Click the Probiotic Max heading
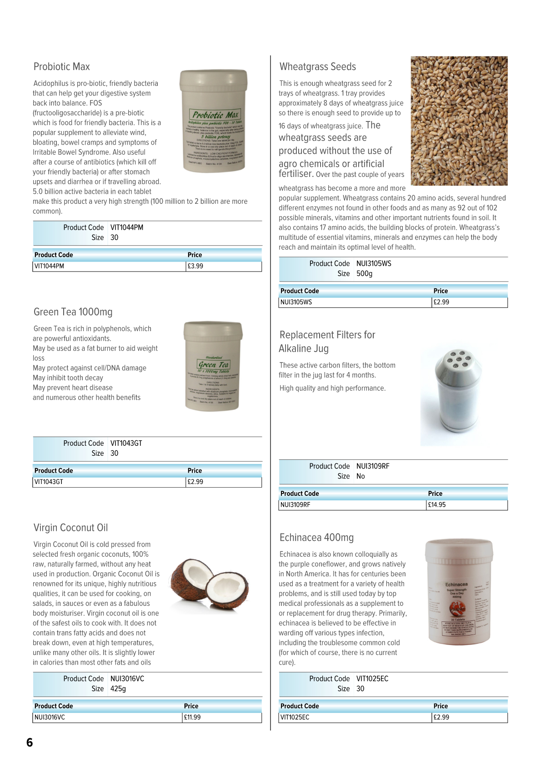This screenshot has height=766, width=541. [61, 67]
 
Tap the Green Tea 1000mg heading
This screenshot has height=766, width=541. [73, 312]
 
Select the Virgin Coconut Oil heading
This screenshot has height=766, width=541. [70, 528]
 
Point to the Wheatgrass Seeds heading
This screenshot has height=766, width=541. [317, 67]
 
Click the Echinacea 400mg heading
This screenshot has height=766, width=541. [316, 538]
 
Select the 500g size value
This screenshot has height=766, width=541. [364, 273]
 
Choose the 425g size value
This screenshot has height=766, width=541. [118, 689]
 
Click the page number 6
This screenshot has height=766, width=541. [30, 742]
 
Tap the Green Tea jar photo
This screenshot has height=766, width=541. [213, 366]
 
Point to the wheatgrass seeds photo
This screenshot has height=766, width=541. [459, 121]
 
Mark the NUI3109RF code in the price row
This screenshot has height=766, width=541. [296, 504]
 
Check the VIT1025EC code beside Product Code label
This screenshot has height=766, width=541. [372, 679]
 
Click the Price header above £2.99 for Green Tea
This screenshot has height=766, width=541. [195, 470]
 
